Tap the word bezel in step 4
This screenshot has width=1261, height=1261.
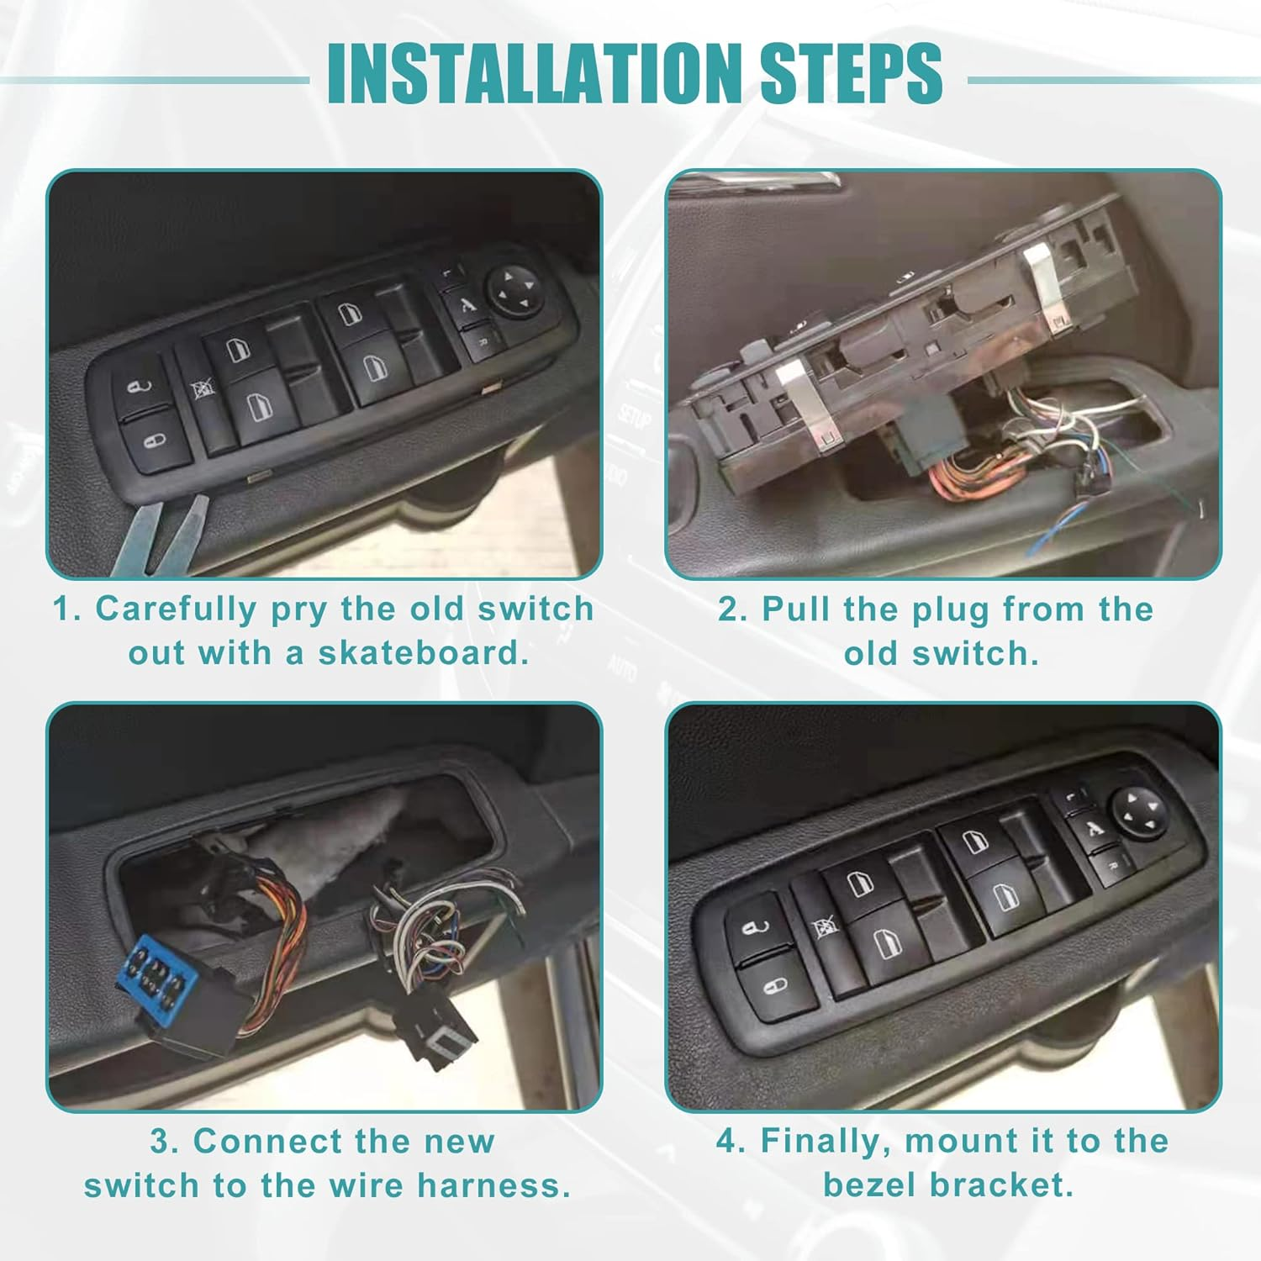[x=869, y=1185]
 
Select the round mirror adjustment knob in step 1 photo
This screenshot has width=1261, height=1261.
[x=514, y=291]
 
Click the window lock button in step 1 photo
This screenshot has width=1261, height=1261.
[x=202, y=389]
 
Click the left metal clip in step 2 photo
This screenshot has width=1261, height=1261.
[x=805, y=406]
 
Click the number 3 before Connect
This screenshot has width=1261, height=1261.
[x=161, y=1142]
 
